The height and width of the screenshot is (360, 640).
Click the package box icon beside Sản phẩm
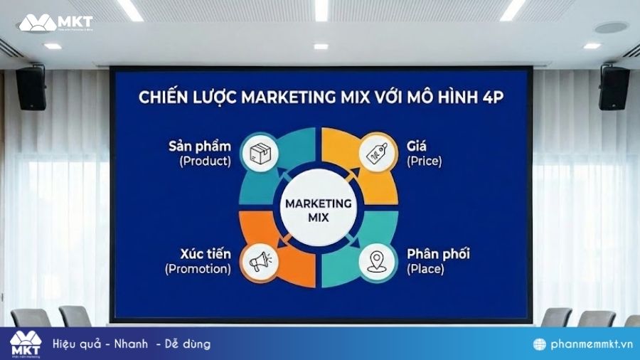click(x=257, y=152)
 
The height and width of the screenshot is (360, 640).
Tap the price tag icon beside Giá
click(x=376, y=152)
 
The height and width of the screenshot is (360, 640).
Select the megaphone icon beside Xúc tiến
click(x=257, y=261)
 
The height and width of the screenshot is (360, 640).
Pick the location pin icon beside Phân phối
click(x=376, y=261)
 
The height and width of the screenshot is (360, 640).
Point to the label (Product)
click(x=206, y=161)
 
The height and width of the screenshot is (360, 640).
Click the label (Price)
click(x=425, y=161)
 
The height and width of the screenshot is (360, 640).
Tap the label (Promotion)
click(x=198, y=269)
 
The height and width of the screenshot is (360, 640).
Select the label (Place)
click(x=425, y=269)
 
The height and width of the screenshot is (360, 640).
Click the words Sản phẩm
click(x=200, y=145)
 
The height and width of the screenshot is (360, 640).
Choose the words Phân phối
click(x=438, y=253)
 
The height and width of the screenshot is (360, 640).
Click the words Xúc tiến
click(x=201, y=253)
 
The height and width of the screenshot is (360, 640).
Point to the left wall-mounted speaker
click(x=31, y=88)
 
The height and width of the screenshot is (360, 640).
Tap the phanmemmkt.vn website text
click(x=587, y=344)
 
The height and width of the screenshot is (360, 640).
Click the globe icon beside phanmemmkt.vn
click(x=540, y=344)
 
